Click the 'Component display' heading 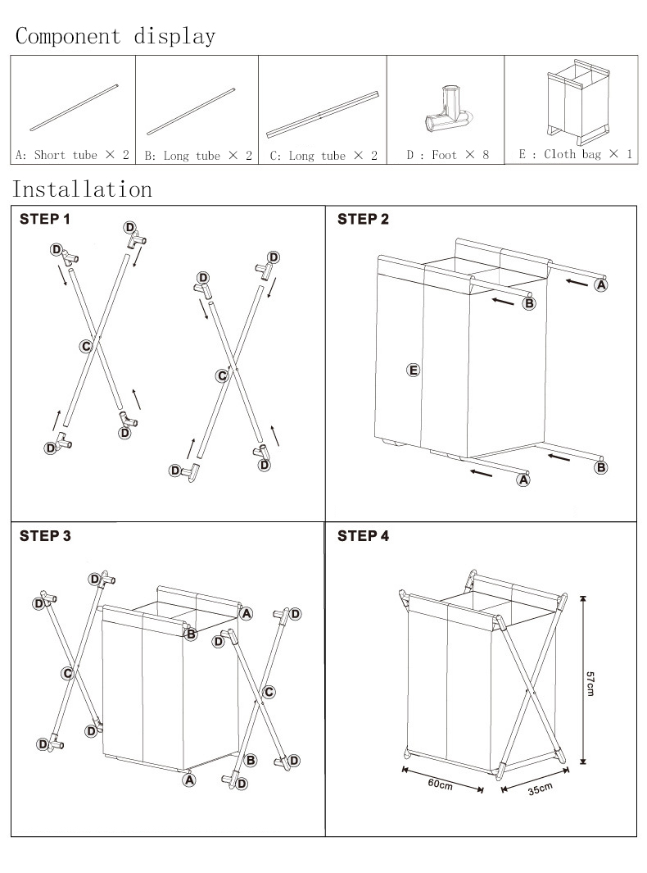115,37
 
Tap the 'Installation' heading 83,189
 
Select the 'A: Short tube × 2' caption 72,155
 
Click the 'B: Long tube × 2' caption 198,155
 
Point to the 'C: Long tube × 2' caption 323,155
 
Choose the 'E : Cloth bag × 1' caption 575,154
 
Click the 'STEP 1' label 45,220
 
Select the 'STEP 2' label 364,220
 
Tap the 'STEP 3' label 45,536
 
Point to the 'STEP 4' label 364,536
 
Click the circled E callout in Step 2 413,371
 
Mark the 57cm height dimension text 590,684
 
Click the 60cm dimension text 440,784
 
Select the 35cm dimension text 540,789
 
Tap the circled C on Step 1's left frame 86,346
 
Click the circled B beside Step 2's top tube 529,303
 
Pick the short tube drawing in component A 74,108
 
